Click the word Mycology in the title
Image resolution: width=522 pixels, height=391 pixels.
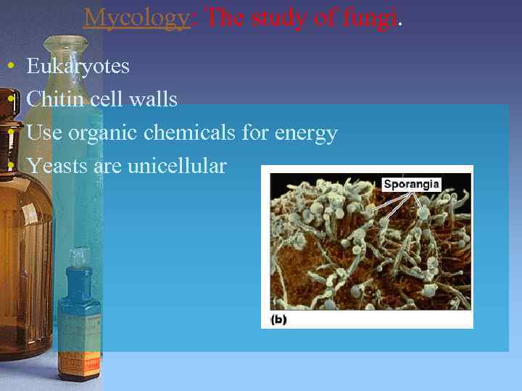pyautogui.click(x=136, y=17)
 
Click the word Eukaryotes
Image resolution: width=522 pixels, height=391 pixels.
pyautogui.click(x=78, y=67)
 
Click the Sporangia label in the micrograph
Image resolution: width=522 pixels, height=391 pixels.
pyautogui.click(x=411, y=184)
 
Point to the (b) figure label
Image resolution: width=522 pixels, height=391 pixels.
pyautogui.click(x=279, y=319)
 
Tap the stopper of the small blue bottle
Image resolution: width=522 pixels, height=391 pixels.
pyautogui.click(x=79, y=258)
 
